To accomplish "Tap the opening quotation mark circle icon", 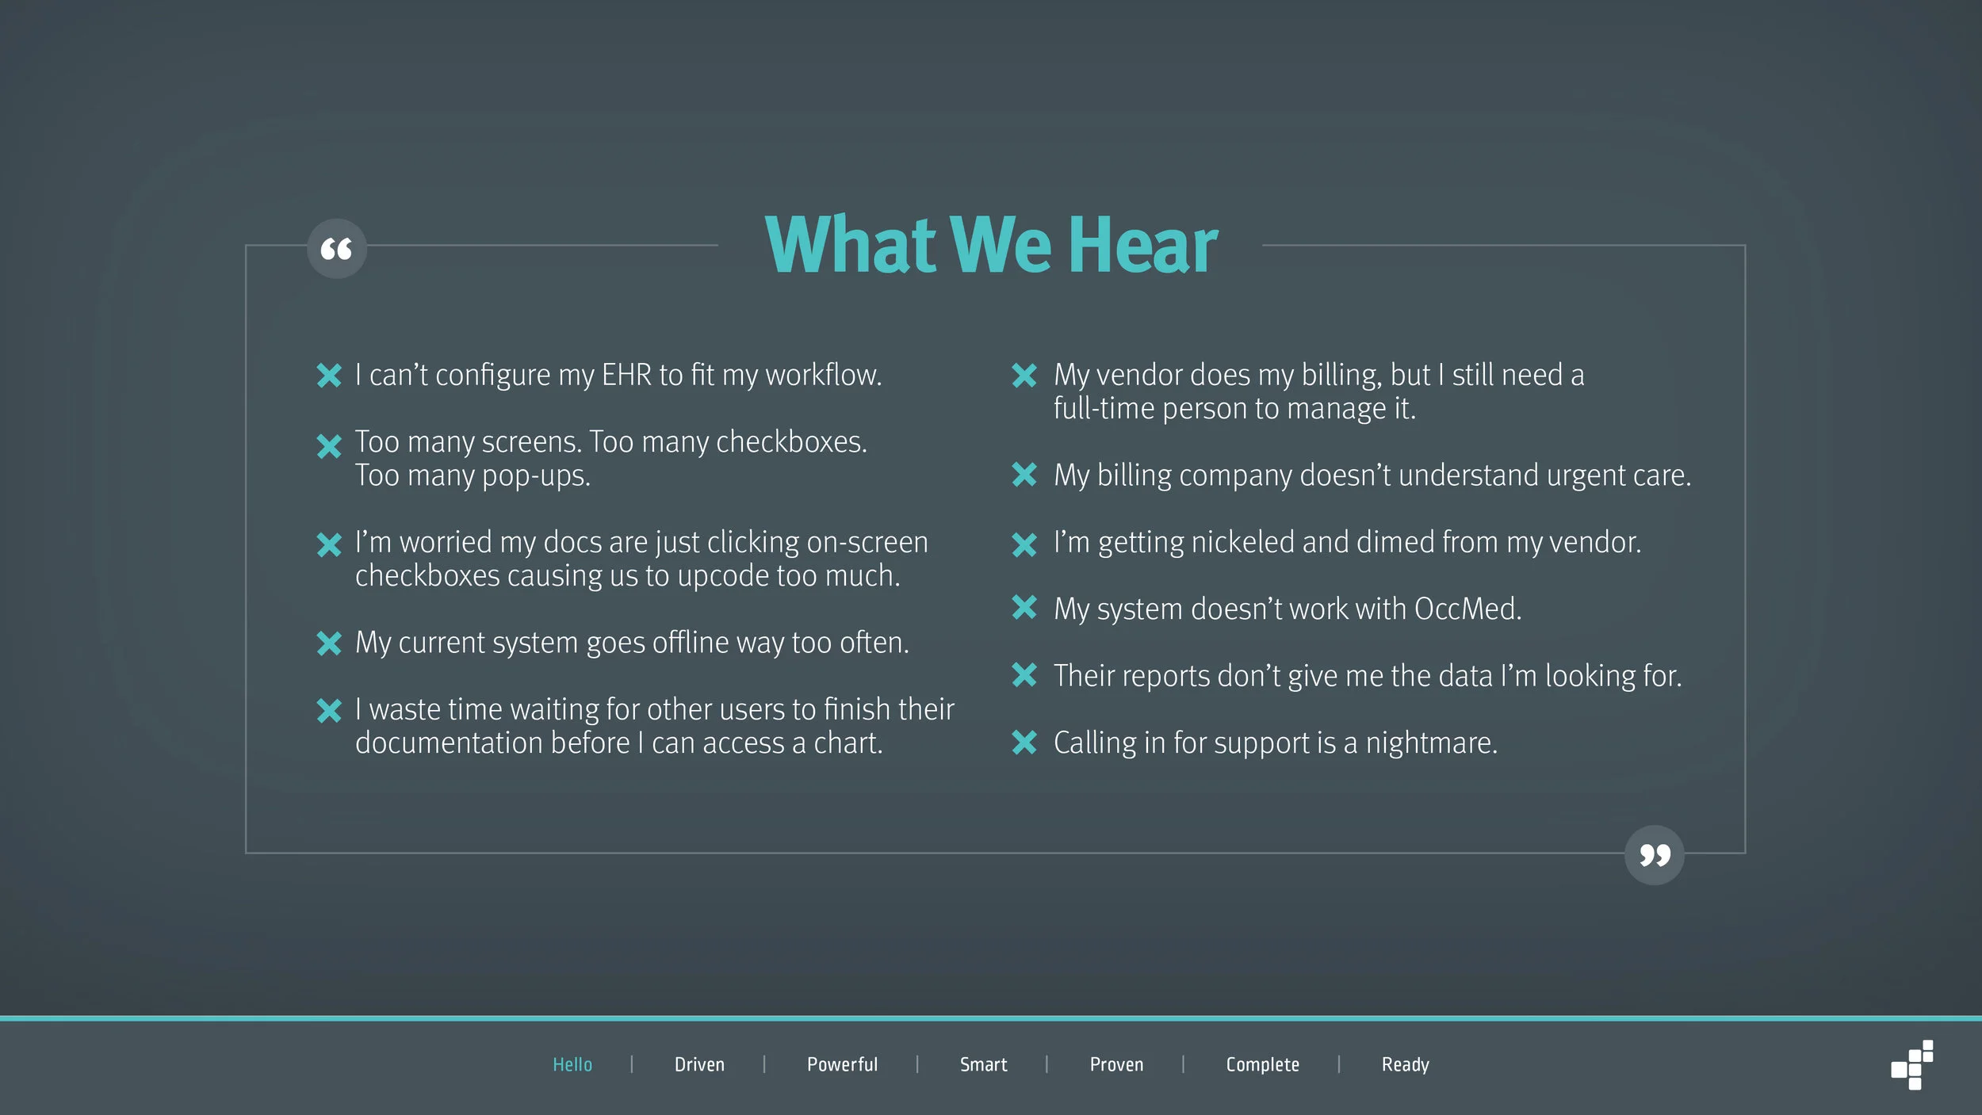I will [x=337, y=249].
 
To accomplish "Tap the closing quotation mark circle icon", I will [x=1654, y=855].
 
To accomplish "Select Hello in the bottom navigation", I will [x=572, y=1064].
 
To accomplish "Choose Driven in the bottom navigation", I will [x=699, y=1064].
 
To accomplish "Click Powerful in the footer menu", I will [x=842, y=1064].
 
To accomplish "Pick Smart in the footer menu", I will [x=983, y=1064].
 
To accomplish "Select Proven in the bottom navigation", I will [x=1116, y=1064].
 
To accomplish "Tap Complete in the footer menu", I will [x=1262, y=1064].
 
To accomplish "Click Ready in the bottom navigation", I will [x=1405, y=1064].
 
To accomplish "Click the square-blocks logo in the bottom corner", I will [x=1912, y=1066].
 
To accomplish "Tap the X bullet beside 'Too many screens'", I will [x=329, y=446].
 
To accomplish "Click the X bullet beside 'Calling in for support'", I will [x=1024, y=743].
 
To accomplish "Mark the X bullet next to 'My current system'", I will [x=329, y=643].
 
